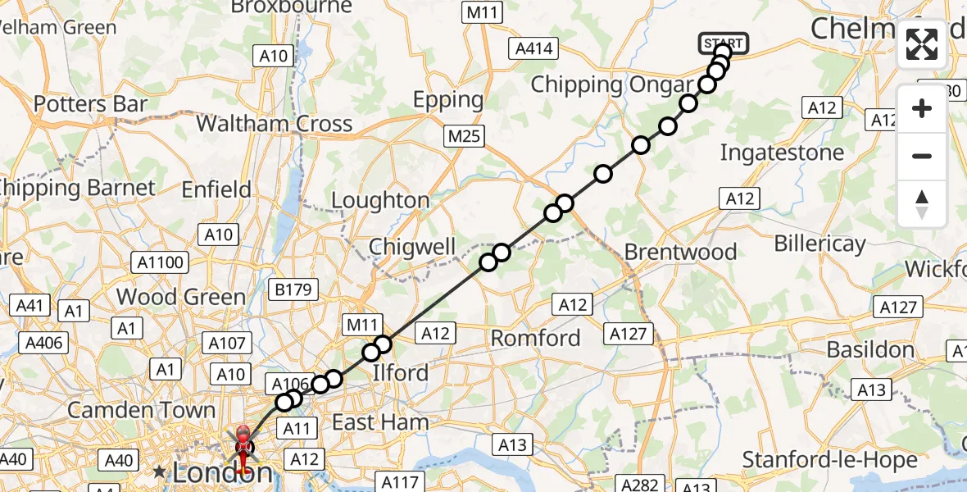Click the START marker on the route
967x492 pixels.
[x=723, y=43]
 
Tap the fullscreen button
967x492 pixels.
[x=922, y=44]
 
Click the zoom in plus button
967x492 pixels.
[x=922, y=108]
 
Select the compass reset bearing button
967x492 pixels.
[x=922, y=203]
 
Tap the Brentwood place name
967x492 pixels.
[x=680, y=252]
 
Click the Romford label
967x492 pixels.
[x=535, y=338]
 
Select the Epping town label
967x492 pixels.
[x=448, y=100]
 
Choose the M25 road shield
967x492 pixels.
[x=464, y=137]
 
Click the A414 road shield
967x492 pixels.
[x=533, y=49]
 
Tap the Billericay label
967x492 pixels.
[x=819, y=244]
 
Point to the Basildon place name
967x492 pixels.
[x=870, y=350]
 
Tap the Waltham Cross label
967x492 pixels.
[x=275, y=124]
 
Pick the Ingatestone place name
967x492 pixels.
[x=781, y=153]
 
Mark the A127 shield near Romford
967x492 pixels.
[x=629, y=334]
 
